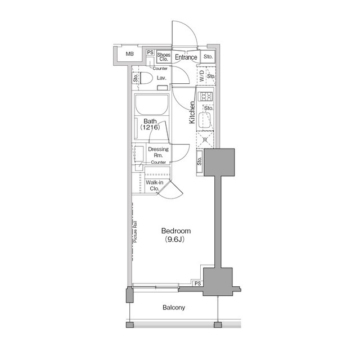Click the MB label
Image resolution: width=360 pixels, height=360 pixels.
click(x=129, y=54)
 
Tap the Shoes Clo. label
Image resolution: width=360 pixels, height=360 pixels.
click(x=164, y=57)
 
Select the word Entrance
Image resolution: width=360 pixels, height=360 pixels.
click(x=186, y=57)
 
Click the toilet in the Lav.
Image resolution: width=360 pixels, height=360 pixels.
click(x=146, y=78)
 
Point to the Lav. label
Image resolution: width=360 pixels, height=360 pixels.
click(x=161, y=78)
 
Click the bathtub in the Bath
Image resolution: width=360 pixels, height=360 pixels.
click(x=151, y=105)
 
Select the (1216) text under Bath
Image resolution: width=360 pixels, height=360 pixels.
click(x=150, y=127)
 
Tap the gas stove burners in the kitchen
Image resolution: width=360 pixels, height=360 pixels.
click(x=205, y=96)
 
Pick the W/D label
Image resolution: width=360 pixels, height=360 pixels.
click(x=202, y=76)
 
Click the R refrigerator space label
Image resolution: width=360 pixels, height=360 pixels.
click(x=205, y=139)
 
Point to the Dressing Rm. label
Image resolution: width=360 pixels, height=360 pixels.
click(x=158, y=152)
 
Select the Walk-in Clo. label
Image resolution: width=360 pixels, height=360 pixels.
click(x=155, y=186)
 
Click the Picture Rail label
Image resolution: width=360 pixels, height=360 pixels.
click(x=135, y=232)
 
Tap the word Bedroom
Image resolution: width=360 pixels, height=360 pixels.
click(x=176, y=231)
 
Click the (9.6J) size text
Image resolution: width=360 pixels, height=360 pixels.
click(x=175, y=240)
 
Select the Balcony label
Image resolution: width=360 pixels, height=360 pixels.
click(x=174, y=308)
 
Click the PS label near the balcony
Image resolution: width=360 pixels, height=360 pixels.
click(x=197, y=283)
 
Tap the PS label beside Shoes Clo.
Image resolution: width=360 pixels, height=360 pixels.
click(x=150, y=52)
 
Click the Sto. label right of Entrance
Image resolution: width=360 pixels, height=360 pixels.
click(x=208, y=56)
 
